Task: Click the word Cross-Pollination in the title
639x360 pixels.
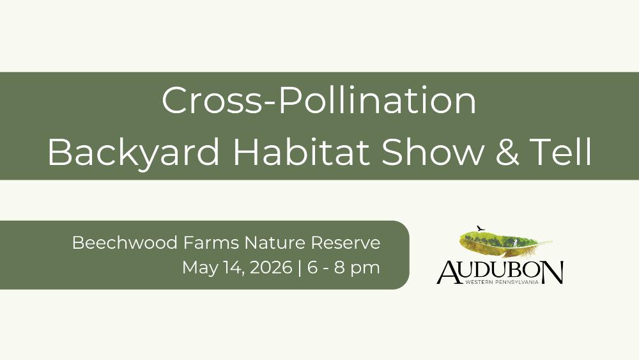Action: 319,100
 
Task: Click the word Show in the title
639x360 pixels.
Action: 433,152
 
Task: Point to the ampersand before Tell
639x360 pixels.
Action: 508,152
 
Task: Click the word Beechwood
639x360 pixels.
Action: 125,242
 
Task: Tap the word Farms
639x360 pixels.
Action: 211,242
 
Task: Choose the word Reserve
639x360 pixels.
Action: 346,242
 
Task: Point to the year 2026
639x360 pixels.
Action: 271,267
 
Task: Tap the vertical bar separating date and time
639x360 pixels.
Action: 300,269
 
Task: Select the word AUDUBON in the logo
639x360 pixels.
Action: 500,272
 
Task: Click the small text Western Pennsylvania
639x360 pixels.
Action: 502,282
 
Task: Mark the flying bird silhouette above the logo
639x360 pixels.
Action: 481,228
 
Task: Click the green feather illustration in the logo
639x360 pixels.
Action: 505,244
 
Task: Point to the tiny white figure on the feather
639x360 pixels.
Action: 515,243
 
